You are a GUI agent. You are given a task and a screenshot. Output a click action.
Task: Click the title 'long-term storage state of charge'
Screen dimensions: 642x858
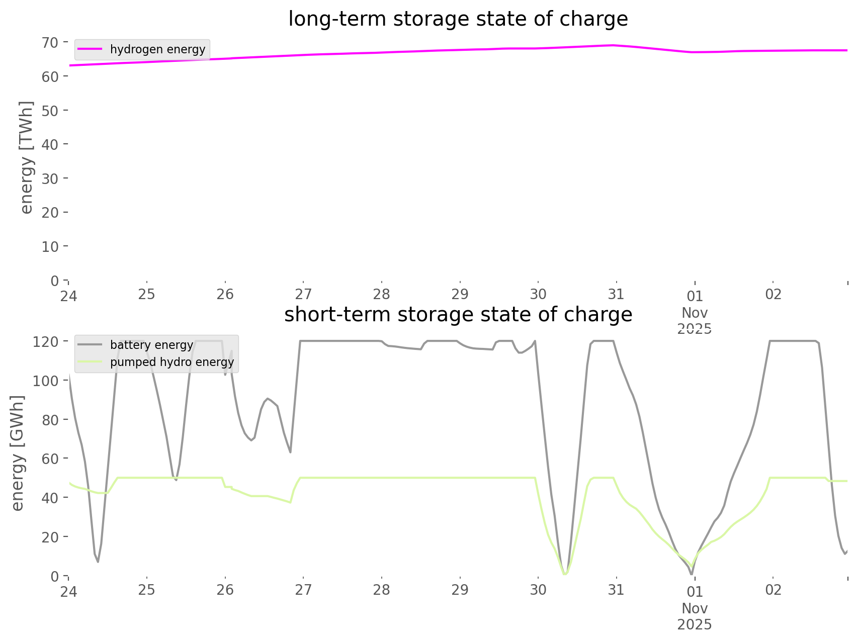click(x=458, y=19)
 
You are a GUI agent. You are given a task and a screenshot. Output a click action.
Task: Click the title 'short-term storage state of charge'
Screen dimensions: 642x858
click(x=458, y=315)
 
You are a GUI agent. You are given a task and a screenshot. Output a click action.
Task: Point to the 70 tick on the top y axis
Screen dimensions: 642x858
click(x=50, y=42)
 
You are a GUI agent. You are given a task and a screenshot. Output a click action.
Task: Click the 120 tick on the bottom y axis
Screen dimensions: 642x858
click(x=46, y=341)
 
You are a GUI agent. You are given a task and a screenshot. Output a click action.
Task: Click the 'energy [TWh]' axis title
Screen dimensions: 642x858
click(x=27, y=157)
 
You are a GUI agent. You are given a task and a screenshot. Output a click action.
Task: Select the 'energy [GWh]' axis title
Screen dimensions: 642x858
click(x=18, y=453)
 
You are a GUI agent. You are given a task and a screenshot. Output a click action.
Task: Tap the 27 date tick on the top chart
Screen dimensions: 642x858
click(x=303, y=294)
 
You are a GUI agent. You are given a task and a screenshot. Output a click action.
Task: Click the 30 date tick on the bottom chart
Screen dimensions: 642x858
click(x=538, y=590)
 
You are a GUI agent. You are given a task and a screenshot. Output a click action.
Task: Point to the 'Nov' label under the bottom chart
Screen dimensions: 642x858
click(x=695, y=608)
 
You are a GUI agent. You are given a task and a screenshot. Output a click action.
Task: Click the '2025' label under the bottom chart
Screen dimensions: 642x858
click(x=695, y=624)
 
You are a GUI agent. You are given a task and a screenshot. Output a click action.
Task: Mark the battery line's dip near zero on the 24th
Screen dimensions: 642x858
click(x=98, y=561)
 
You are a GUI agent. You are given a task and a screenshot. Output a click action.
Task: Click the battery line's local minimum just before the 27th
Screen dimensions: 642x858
click(x=290, y=452)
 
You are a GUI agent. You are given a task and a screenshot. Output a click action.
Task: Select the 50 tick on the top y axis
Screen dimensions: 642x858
click(x=50, y=110)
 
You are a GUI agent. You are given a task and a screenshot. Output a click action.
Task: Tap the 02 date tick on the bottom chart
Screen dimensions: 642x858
click(x=773, y=590)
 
